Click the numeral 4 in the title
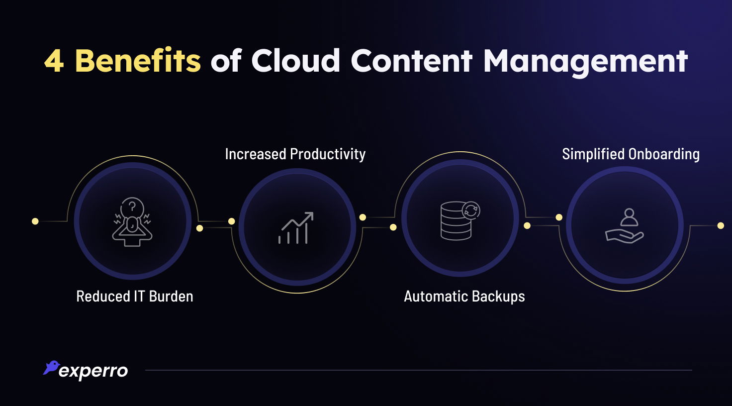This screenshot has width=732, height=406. point(54,61)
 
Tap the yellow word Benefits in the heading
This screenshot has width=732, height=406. point(138,61)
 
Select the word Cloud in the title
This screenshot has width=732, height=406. point(295,61)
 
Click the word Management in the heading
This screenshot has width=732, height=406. point(585,62)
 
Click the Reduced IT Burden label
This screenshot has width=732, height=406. point(134,297)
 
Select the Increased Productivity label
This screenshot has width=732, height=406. point(295,154)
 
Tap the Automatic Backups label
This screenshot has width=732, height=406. point(464,297)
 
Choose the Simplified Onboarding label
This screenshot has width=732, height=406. point(631,154)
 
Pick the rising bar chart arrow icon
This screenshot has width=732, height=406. point(296,228)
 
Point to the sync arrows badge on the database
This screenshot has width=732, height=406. point(470,210)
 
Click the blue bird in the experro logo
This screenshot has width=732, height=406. point(51,367)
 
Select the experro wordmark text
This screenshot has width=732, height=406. point(93,371)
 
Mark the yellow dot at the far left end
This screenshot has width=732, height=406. point(35,221)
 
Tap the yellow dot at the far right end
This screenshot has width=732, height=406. point(721,226)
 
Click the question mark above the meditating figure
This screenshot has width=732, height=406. point(132,206)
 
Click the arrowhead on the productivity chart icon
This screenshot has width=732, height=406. point(309,216)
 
